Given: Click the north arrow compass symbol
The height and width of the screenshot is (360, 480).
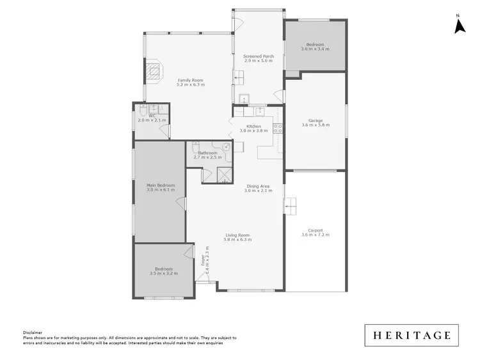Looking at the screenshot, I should pos(459,25).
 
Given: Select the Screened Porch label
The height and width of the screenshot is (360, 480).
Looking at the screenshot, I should pos(259,56).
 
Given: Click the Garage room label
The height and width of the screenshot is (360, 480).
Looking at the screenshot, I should pos(315,120).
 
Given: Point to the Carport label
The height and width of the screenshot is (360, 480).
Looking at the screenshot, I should pos(315,230).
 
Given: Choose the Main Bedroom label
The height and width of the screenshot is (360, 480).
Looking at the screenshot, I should pos(161,185).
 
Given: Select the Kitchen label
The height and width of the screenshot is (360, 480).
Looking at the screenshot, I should pos(253,126).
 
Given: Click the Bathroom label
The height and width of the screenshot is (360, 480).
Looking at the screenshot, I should pos(207,153).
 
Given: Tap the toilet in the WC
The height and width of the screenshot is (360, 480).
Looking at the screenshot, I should pos(140,115).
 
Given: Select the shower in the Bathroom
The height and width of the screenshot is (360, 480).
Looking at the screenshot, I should pos(225,174).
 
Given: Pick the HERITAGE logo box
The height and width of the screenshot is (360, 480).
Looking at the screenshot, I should pos(412,335).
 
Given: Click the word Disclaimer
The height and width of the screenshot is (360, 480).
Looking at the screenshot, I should pos(33,333).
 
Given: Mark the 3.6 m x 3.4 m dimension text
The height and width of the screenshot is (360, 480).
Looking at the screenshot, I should pos(315,49).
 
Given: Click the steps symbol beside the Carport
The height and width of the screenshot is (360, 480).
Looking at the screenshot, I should pos(291,205).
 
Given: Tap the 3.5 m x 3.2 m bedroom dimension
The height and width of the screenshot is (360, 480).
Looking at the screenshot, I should pos(163,273).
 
